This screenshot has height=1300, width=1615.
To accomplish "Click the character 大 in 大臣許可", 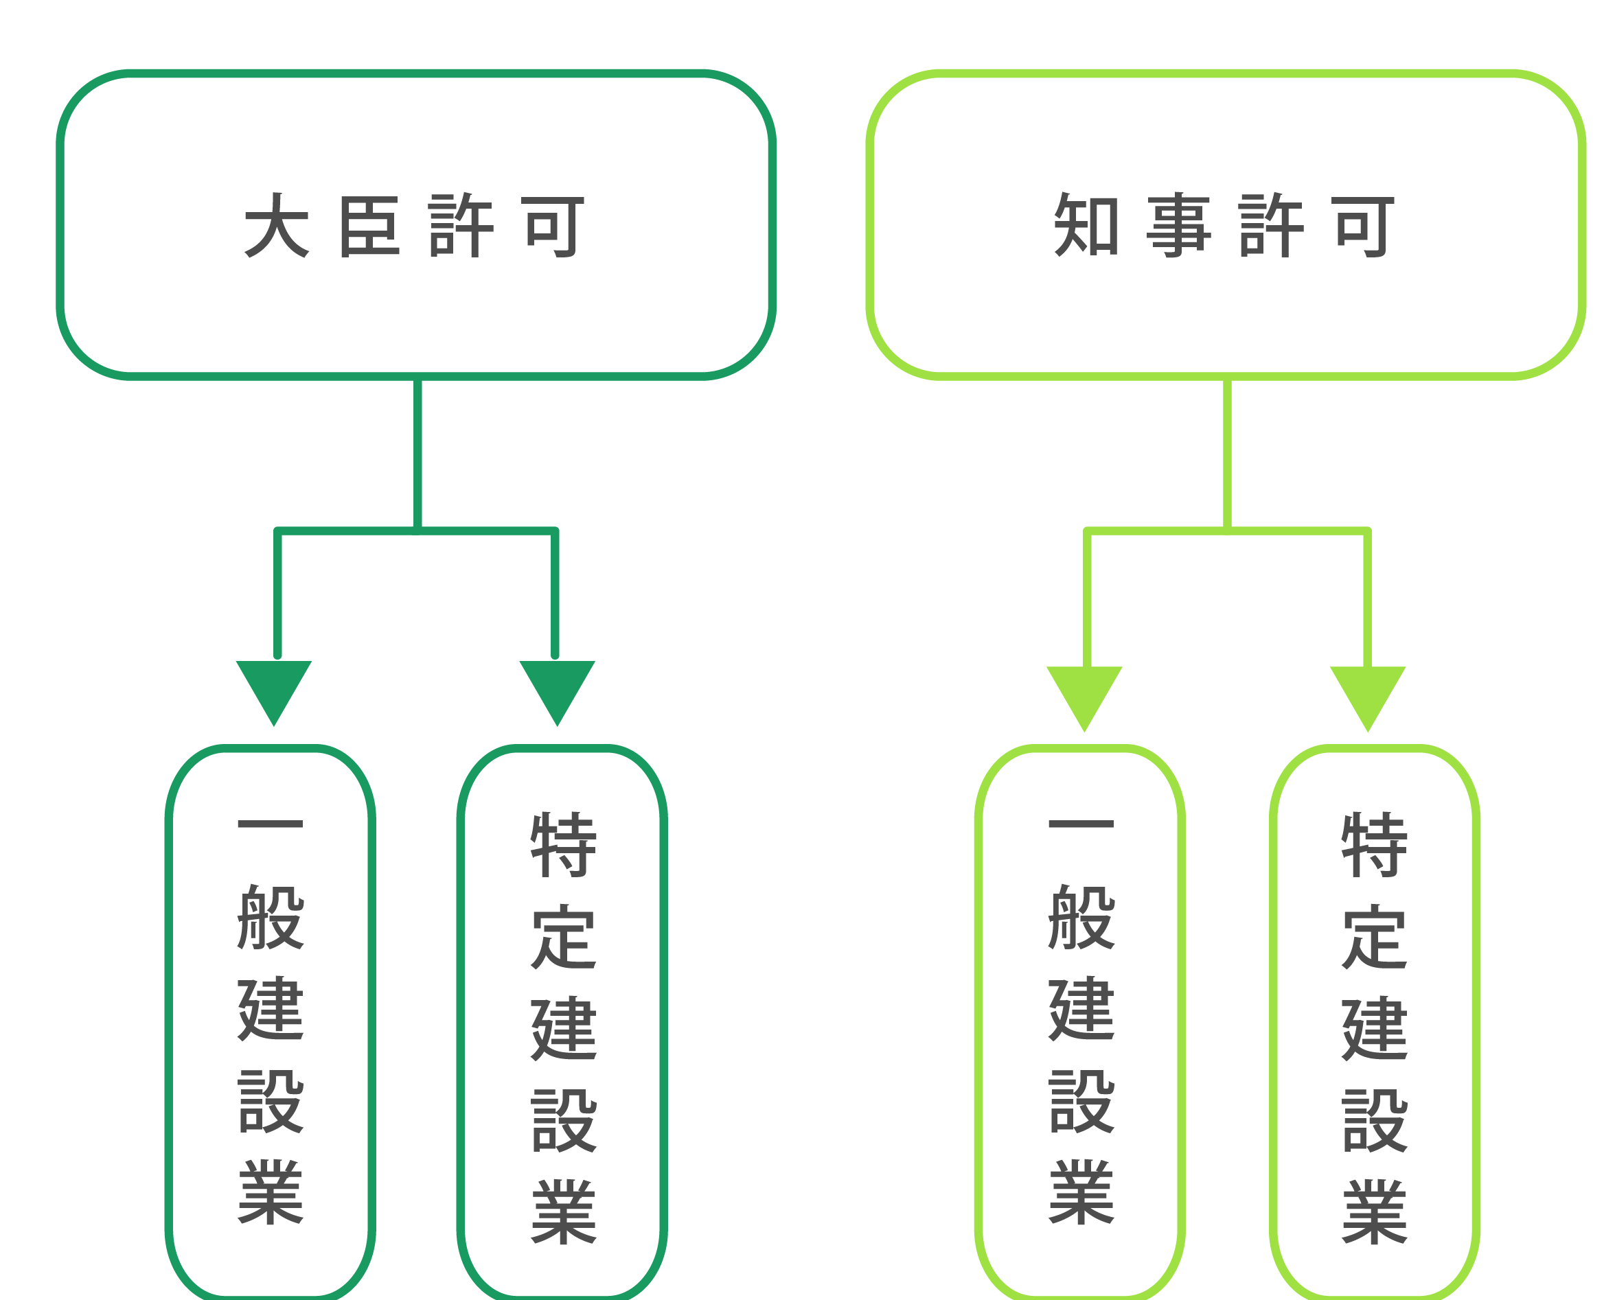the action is coord(277,224).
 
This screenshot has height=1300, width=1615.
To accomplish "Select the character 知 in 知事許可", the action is coord(1086,224).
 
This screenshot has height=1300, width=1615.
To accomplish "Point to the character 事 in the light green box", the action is coord(1178,224).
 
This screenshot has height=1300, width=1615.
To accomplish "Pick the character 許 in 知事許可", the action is coord(1272,224).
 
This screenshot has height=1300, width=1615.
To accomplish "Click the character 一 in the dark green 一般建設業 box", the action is coord(271,824).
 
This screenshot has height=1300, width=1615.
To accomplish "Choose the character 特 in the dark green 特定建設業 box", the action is coord(563,845).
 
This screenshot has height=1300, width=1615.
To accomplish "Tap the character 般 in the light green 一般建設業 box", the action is coord(1081,916).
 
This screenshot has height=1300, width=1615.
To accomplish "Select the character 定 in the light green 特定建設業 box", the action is coord(1375,937).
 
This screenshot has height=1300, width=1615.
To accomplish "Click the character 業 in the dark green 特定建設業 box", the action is coord(563,1211).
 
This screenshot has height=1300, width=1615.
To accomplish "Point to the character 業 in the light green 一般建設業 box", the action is coord(1081,1192).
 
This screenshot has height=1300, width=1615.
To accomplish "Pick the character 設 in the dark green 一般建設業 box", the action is coord(271,1100).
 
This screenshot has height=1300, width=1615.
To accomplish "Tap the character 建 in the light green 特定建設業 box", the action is coord(1375,1028).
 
